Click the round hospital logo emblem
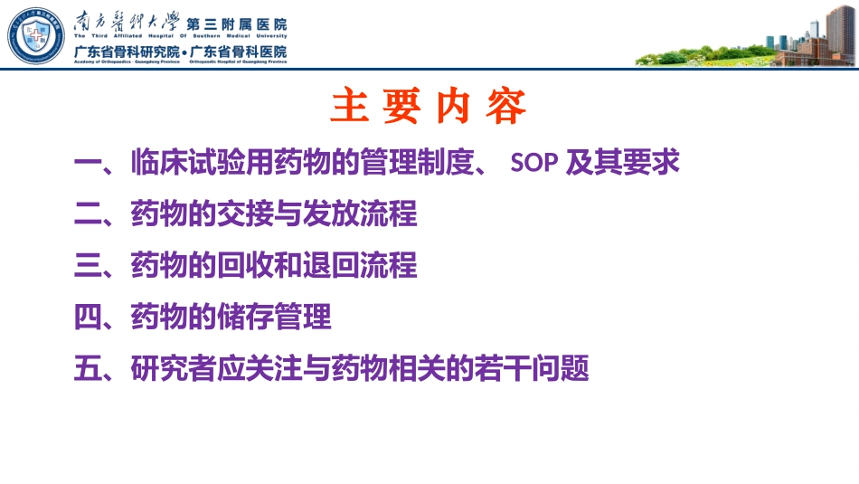[37, 34]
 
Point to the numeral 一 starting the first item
[88, 164]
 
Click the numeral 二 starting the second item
[88, 215]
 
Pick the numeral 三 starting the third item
[88, 266]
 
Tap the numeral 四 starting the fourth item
[88, 318]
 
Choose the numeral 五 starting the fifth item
[88, 369]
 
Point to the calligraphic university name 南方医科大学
[126, 20]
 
